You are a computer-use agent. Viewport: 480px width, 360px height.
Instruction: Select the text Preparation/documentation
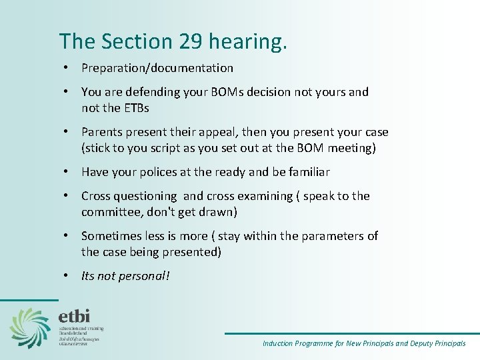click(x=157, y=68)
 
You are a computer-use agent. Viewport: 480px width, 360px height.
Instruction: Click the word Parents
click(x=102, y=132)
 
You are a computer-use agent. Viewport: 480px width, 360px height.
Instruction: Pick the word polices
click(x=156, y=172)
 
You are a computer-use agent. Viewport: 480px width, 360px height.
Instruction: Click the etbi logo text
click(x=74, y=315)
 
